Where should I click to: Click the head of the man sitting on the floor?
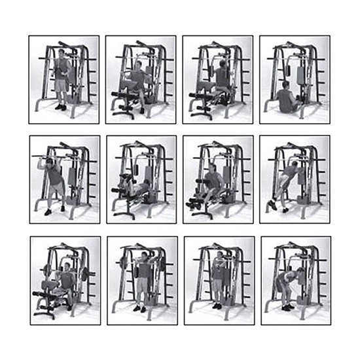click(286, 86)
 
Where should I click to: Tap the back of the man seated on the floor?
click(285, 100)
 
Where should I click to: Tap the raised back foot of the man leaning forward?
click(271, 206)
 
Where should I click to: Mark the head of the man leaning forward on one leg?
click(295, 165)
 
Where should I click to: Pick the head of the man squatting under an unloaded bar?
click(50, 162)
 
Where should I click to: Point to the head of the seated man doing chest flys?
click(139, 66)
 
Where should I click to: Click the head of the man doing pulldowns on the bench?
click(221, 65)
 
